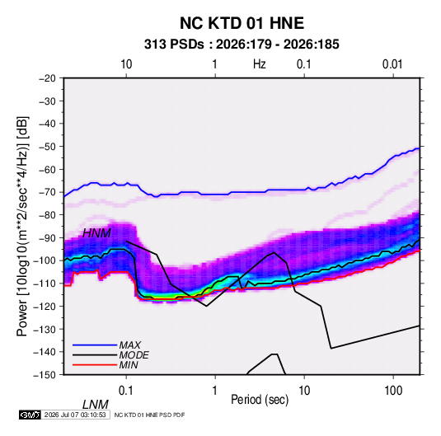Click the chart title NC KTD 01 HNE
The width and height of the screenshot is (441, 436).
coord(242,23)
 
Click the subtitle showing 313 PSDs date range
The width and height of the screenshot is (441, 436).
coord(242,45)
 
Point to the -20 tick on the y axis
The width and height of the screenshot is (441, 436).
coord(47,78)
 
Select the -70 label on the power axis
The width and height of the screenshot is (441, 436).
coord(47,192)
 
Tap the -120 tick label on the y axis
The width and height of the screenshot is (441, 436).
coord(45,306)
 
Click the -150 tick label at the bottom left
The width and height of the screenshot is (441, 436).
coord(45,375)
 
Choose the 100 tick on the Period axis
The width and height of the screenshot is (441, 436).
coord(393,391)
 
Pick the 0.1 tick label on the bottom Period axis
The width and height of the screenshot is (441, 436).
coord(126,391)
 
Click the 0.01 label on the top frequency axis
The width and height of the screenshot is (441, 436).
coord(392,64)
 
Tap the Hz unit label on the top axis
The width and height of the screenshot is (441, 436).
coord(260,64)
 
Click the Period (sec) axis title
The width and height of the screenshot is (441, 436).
coord(260,400)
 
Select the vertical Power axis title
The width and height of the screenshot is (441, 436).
coord(22,226)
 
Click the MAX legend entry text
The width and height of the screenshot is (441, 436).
coord(129,345)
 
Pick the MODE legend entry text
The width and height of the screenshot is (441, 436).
coord(134,355)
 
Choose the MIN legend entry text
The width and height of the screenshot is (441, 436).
coord(129,365)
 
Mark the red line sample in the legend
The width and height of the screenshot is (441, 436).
coord(95,365)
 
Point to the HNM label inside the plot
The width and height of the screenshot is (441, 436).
coord(96,233)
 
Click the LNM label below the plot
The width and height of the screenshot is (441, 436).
coord(96,405)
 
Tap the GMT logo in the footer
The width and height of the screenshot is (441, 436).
coord(30,415)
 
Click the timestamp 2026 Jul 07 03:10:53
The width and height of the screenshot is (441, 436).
coord(75,415)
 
